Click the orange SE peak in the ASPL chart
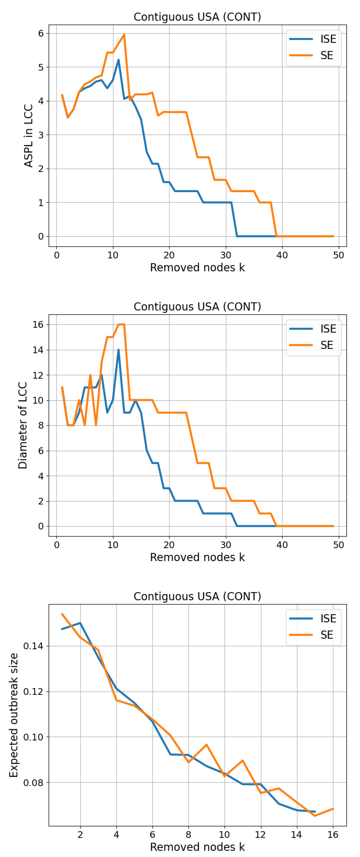(124, 35)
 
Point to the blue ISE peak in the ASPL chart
(118, 60)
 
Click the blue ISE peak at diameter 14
(118, 350)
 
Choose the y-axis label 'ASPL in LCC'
(29, 135)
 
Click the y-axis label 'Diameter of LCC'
(23, 425)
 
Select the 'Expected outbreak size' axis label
(14, 715)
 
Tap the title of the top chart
(197, 17)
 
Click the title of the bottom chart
(197, 596)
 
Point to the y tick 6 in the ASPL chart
(41, 33)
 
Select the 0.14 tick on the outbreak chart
(33, 646)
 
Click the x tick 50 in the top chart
(338, 255)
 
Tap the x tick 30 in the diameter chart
(226, 545)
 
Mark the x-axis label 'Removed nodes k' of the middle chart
(197, 557)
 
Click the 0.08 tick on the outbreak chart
(33, 782)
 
